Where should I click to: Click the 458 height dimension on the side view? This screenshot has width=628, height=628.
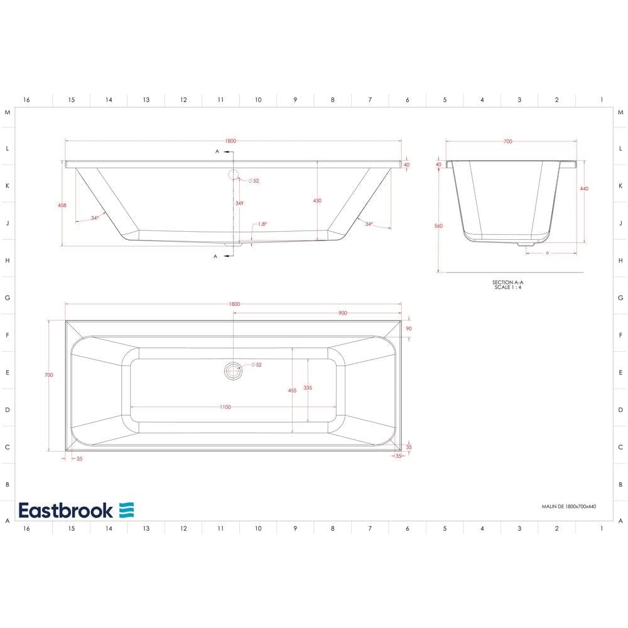tap(61, 205)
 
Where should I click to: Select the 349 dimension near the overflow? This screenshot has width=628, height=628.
tap(239, 203)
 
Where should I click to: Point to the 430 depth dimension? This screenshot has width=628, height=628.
tap(317, 201)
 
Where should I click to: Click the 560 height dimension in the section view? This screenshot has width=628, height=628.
tap(439, 226)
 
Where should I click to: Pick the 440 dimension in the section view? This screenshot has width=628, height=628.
tap(584, 188)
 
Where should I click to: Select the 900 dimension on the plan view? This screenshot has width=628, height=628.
tap(342, 313)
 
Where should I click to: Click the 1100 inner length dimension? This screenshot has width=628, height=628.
tap(225, 407)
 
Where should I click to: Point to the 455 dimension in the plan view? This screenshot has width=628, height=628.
tap(292, 391)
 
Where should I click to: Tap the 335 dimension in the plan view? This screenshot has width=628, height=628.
tap(308, 388)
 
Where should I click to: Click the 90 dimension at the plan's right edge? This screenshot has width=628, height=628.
tap(409, 328)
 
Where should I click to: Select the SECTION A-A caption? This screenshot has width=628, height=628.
tap(507, 283)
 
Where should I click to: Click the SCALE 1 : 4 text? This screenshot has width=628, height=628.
tap(507, 288)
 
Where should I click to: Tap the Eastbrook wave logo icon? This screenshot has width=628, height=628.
tap(127, 510)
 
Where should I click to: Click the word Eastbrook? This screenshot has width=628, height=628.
tap(65, 510)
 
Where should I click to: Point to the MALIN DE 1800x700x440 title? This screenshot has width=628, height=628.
tap(568, 506)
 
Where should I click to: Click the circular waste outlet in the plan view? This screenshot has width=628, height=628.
tap(233, 371)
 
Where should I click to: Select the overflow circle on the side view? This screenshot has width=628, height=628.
tap(234, 175)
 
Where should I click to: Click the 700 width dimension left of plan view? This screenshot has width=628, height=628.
tap(49, 375)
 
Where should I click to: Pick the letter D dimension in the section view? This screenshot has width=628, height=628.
tap(547, 253)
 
